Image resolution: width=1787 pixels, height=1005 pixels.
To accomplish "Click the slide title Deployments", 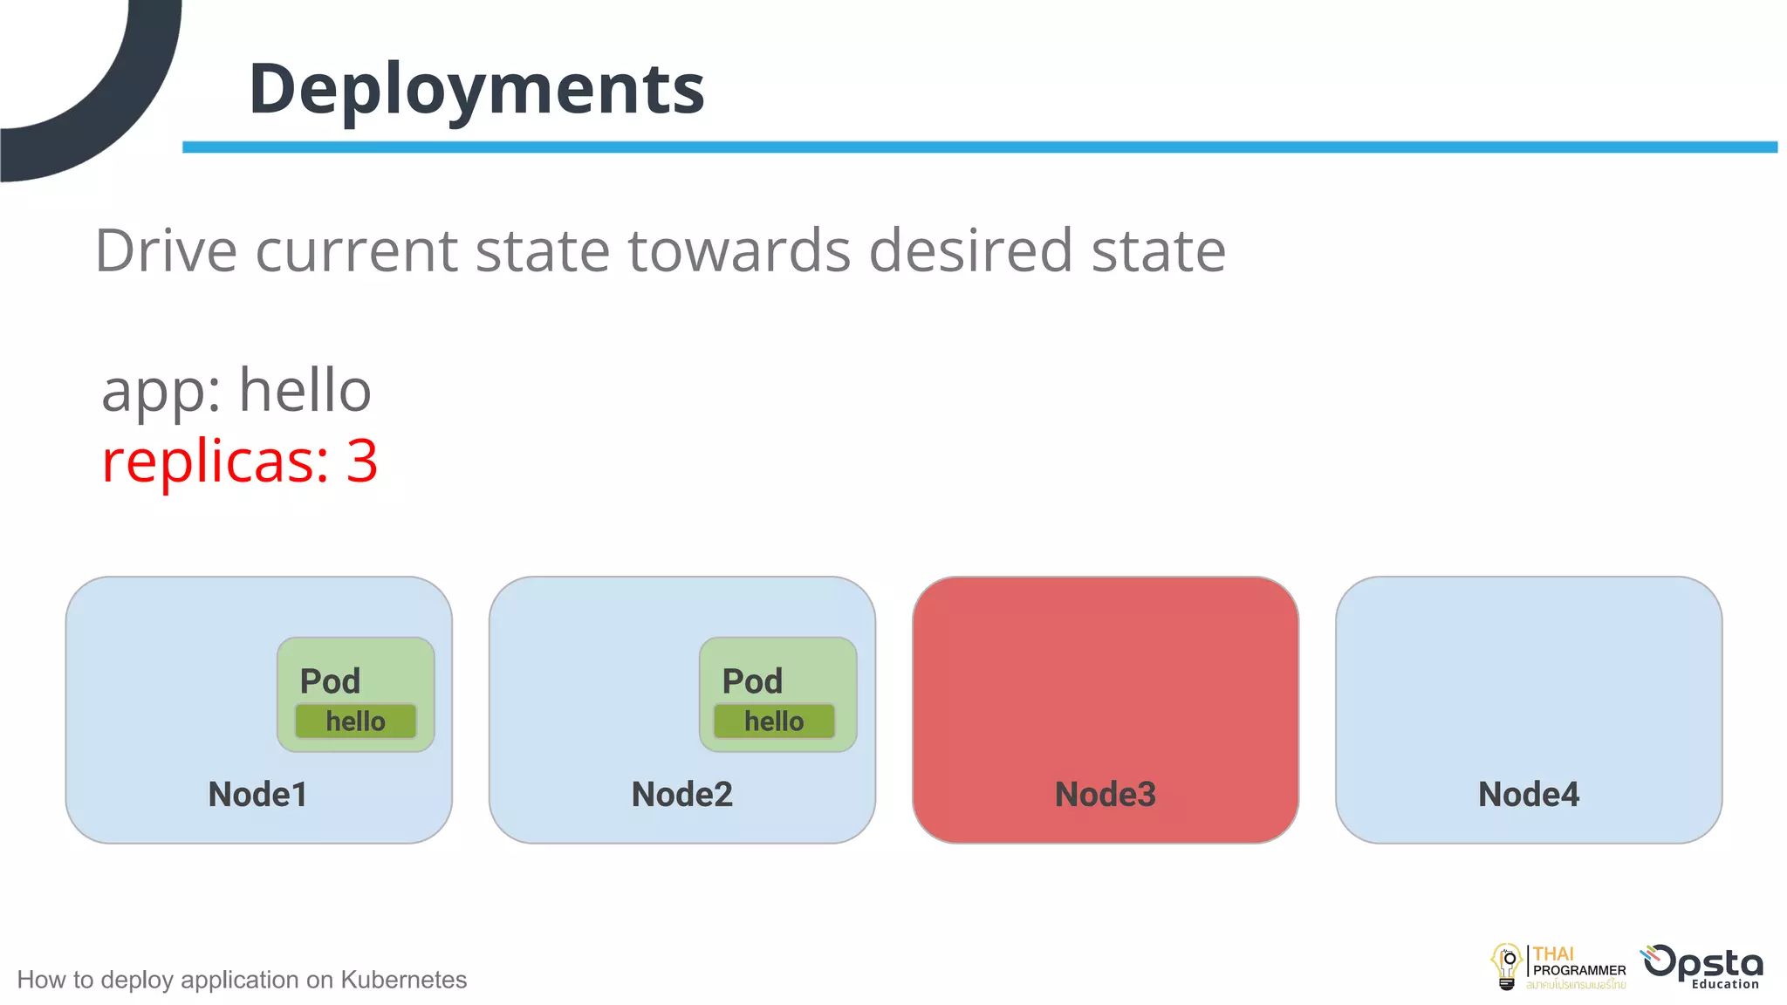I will [476, 89].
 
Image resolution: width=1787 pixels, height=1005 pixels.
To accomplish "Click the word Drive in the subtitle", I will [166, 251].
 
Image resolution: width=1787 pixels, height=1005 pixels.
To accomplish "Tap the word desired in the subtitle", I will [969, 251].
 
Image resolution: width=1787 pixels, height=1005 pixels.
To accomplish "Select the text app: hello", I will [236, 390].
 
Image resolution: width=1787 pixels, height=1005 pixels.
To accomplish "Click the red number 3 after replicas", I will [362, 461].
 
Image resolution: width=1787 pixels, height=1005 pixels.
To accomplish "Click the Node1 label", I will [257, 794].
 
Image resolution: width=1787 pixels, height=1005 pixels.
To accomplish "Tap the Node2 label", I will [681, 794].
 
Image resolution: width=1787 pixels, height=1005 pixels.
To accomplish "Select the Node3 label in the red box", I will [1105, 794].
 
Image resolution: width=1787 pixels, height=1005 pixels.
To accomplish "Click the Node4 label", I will [1528, 794].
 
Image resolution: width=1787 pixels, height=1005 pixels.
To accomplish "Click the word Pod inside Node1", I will [330, 681].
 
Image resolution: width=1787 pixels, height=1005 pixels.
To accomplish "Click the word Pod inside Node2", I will [752, 681].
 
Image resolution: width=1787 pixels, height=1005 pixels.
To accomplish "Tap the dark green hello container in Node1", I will [355, 721].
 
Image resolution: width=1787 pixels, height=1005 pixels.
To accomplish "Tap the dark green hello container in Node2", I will [774, 721].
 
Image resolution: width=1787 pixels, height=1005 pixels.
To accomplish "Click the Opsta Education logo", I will [1703, 967].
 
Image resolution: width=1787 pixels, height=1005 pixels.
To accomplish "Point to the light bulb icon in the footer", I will [1507, 966].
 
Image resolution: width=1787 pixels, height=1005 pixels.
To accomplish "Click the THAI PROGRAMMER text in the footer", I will [1578, 963].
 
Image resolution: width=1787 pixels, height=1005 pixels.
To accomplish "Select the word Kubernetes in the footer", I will [403, 980].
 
